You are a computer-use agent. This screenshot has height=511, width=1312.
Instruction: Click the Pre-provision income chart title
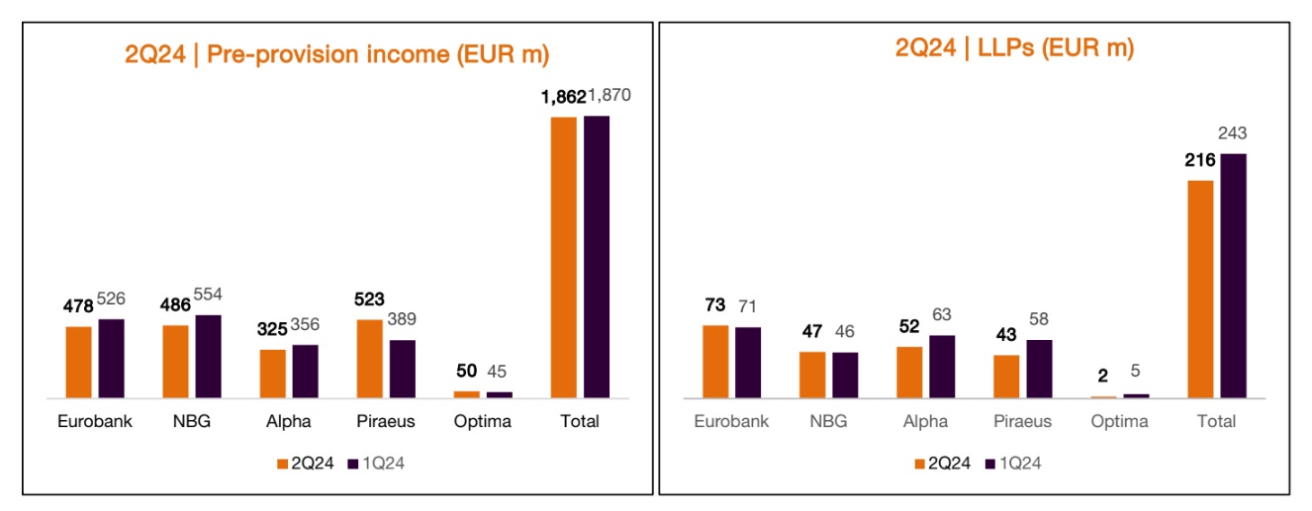pos(336,53)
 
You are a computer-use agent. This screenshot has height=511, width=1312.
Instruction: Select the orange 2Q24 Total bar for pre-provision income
pos(564,257)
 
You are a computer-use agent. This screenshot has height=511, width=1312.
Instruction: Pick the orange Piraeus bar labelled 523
pos(370,358)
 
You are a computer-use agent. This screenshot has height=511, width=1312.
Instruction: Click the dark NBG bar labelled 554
pos(209,356)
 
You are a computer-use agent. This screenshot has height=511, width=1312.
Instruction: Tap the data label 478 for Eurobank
pos(78,306)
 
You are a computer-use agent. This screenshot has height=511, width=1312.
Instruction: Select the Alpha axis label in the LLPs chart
pos(925,421)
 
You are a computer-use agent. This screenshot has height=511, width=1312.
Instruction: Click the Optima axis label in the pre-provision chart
pos(483,421)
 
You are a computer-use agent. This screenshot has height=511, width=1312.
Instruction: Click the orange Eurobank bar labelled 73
pos(715,361)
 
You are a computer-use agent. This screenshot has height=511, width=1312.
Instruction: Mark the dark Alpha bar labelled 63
pos(942,366)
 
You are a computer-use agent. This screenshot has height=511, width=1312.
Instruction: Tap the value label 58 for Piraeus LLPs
pos(1039,319)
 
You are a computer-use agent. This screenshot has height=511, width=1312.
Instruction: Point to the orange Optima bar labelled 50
pos(467,393)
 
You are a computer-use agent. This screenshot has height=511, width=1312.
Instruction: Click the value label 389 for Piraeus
pos(402,319)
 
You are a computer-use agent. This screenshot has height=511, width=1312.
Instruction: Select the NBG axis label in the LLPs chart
pos(828,421)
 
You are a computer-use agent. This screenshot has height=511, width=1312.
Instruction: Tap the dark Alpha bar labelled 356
pos(305,371)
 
